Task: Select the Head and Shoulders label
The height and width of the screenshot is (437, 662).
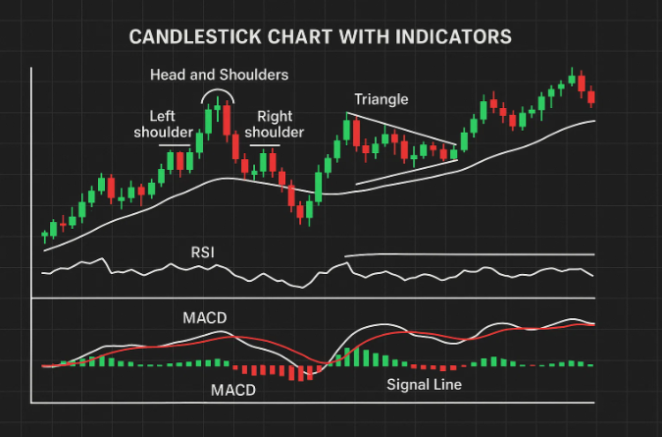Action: tap(220, 75)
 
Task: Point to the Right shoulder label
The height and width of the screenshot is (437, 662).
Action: tap(274, 123)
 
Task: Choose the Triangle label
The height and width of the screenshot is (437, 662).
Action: tap(382, 99)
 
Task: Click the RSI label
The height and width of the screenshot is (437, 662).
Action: tap(202, 253)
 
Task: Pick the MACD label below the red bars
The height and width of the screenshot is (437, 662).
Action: tap(234, 390)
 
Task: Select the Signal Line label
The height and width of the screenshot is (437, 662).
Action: tap(424, 384)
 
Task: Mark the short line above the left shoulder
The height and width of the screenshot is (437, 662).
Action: tap(175, 146)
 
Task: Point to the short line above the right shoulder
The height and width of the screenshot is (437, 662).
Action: tap(265, 147)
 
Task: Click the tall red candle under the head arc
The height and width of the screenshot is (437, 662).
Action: tap(227, 120)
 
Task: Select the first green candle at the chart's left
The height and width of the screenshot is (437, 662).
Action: tap(44, 235)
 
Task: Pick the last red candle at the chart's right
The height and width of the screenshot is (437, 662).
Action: tap(590, 96)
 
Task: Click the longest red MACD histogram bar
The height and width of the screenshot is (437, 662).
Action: tap(306, 373)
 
